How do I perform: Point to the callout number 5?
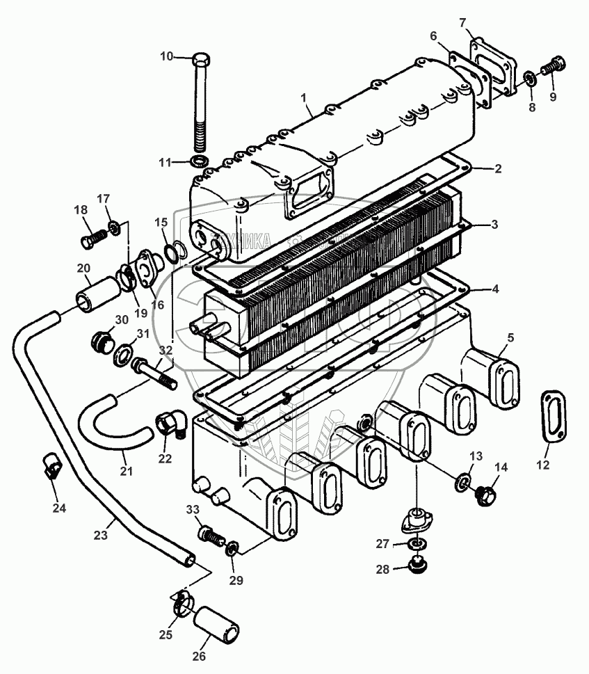[x=510, y=338]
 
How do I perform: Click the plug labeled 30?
[x=103, y=342]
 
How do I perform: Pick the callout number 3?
[x=493, y=225]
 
